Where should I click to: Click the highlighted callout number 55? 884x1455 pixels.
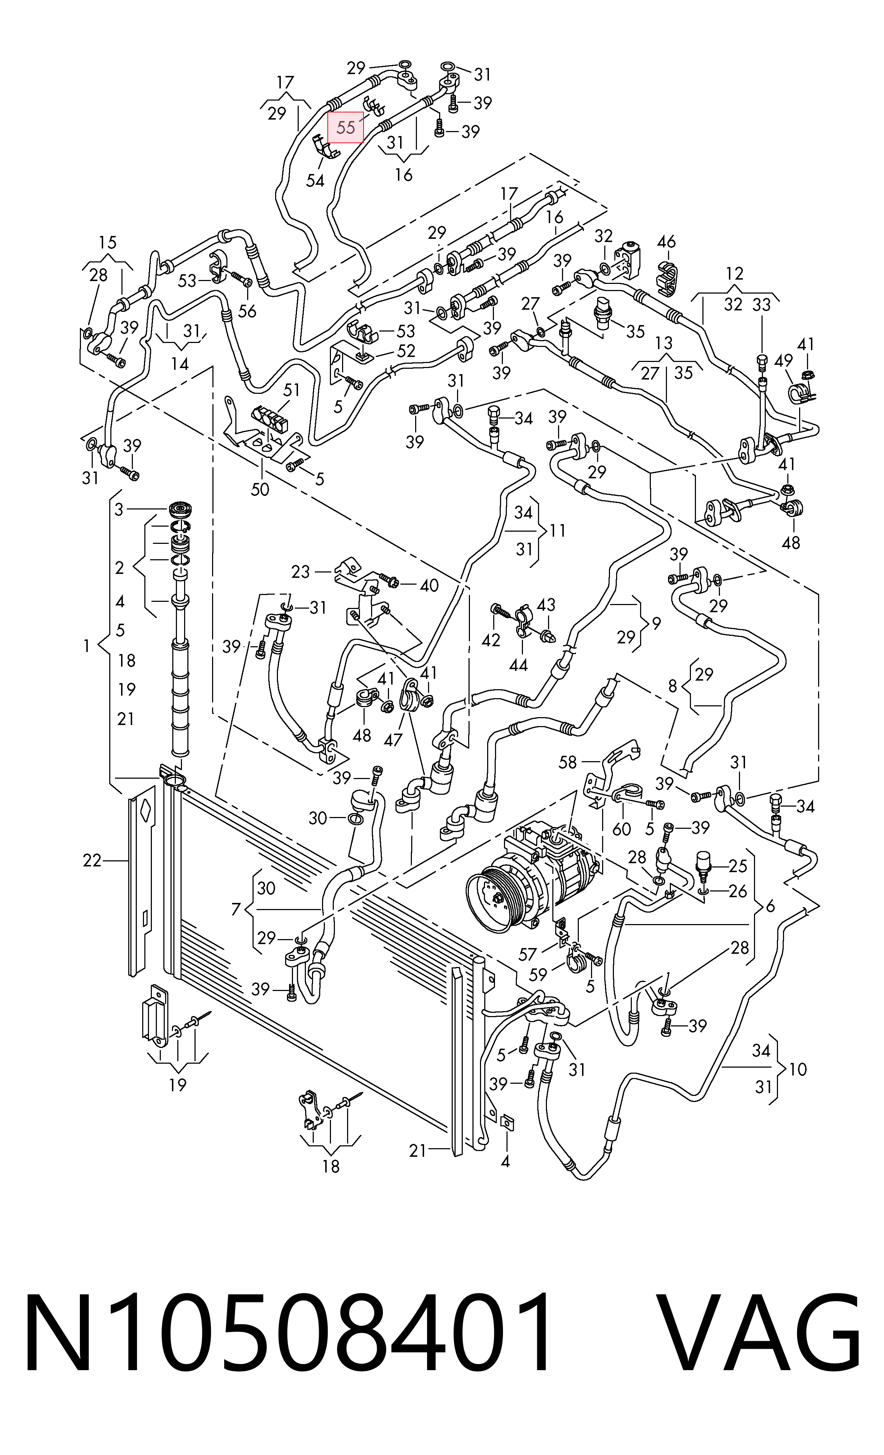346,127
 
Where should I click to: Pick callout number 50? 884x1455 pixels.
260,489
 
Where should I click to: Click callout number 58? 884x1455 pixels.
567,762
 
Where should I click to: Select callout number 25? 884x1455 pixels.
738,866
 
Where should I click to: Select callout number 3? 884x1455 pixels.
119,509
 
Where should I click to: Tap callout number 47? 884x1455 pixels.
393,740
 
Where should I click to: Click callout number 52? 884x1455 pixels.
406,351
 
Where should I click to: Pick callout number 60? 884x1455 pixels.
622,829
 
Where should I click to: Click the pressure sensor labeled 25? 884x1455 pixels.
703,867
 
